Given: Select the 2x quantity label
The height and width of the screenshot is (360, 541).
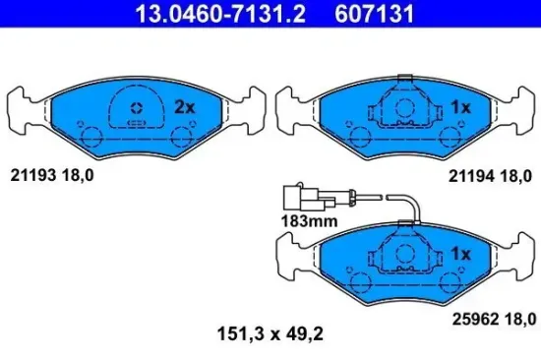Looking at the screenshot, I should click(x=185, y=106).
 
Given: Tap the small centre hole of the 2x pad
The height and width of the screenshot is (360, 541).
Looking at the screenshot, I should click(x=137, y=107).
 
